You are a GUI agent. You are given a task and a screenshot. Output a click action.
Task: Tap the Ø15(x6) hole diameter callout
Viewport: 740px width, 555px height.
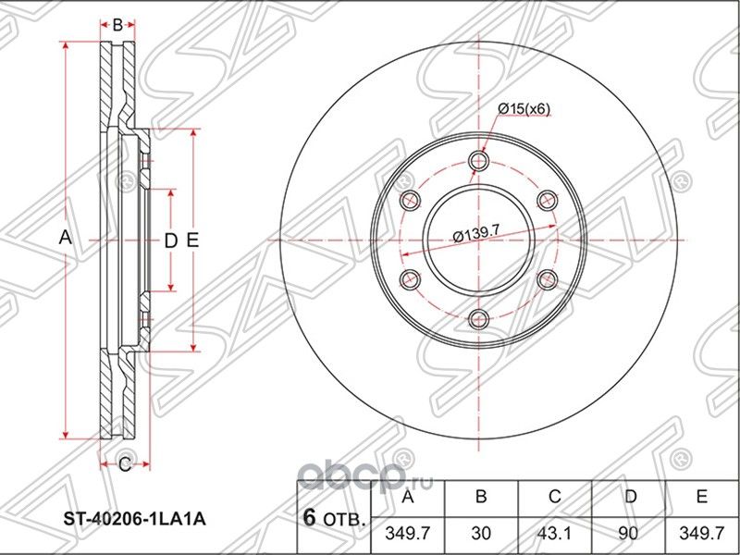(524, 109)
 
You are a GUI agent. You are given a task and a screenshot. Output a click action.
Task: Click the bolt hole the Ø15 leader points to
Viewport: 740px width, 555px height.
(478, 162)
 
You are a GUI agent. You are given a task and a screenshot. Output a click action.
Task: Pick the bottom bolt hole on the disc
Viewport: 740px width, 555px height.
(478, 319)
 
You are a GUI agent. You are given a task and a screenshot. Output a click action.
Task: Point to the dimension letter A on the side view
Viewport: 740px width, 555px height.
(65, 238)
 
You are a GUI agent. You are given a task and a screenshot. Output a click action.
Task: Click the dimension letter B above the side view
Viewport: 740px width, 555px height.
(117, 25)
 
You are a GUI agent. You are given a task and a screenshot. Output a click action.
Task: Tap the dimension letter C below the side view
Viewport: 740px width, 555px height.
(121, 464)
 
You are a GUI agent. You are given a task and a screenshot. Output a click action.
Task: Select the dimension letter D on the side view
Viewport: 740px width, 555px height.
(169, 240)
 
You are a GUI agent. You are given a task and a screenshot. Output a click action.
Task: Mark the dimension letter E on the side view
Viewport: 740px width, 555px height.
(191, 240)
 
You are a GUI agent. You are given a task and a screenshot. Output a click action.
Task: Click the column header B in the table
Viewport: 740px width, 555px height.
(481, 498)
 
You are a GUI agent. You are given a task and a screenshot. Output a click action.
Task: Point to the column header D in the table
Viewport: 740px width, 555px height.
(630, 498)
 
